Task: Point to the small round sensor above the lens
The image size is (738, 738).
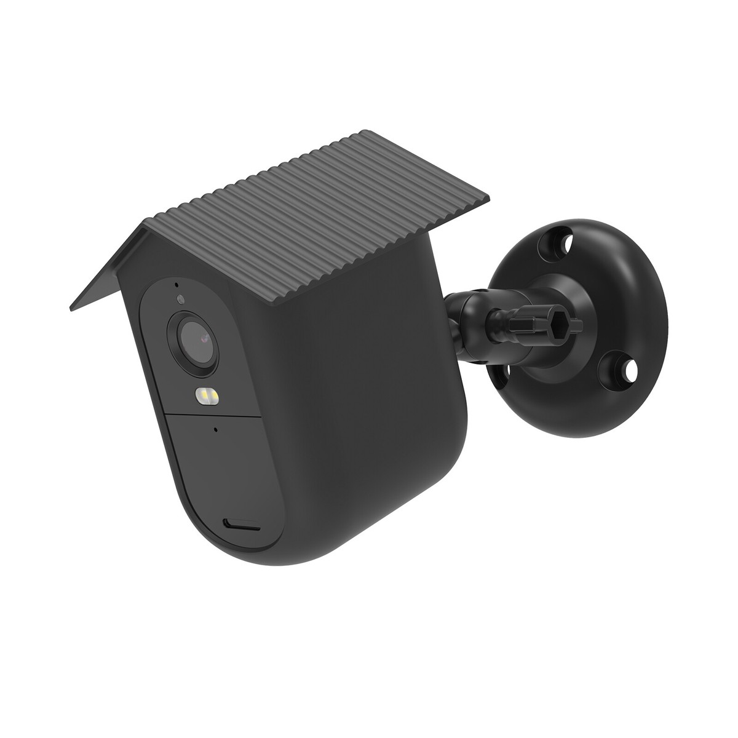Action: tap(180, 300)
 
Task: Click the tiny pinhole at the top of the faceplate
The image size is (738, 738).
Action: tap(177, 284)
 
